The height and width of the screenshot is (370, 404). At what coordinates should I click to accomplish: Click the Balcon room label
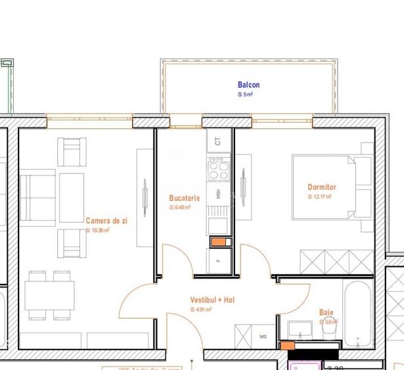248,85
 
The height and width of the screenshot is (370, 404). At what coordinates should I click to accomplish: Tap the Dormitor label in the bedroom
321,187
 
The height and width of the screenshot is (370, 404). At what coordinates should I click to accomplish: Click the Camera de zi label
106,221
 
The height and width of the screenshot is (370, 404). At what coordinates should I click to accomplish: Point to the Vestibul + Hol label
212,300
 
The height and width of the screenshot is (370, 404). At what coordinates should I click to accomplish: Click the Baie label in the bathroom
326,313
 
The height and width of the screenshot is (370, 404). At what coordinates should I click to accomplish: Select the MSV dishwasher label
218,194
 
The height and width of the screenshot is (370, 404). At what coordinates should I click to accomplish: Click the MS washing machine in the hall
263,336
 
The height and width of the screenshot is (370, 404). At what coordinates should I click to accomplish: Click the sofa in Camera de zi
36,198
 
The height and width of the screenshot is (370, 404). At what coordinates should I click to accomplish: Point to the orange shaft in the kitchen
217,242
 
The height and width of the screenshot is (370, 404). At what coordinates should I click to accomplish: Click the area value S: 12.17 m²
320,197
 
